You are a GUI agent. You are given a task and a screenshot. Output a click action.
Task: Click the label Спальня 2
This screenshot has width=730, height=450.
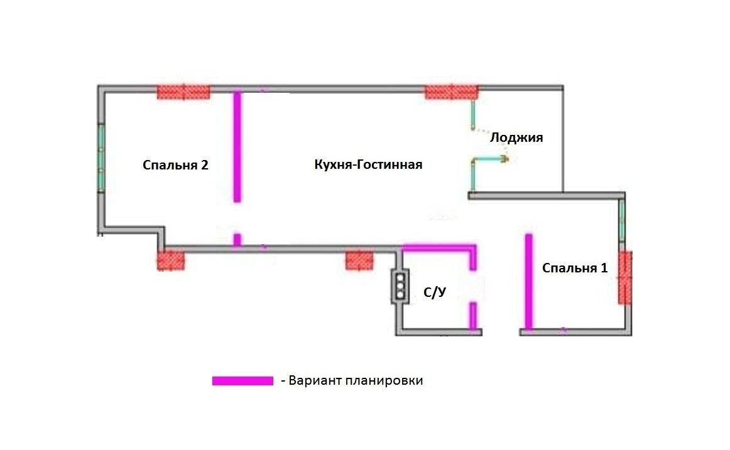tap(175, 166)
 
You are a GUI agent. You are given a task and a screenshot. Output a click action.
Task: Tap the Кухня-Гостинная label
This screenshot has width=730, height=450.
tap(368, 165)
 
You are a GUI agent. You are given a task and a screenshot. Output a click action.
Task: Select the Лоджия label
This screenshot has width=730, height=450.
tap(516, 137)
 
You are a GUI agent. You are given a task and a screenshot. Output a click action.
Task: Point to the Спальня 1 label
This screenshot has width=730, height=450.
tap(575, 268)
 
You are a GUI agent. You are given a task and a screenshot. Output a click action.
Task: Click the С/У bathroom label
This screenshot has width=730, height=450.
tap(434, 292)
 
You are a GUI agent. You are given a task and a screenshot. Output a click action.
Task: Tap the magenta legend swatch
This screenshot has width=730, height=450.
tap(242, 381)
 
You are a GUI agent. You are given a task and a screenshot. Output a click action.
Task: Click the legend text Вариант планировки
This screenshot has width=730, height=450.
tap(356, 381)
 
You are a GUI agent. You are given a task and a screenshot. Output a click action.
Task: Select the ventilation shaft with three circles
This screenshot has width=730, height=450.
tap(400, 287)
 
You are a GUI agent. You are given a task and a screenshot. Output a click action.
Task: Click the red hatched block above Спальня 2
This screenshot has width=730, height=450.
tap(183, 92)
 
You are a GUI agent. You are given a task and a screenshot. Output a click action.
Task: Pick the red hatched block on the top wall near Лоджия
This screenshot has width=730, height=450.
tap(451, 92)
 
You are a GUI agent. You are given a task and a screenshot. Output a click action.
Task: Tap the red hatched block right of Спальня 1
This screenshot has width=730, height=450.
tap(625, 277)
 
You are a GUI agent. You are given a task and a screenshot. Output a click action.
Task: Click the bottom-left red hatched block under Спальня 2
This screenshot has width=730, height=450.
tap(171, 260)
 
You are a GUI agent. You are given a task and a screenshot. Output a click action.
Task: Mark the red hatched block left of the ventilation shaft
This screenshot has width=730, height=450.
tap(359, 260)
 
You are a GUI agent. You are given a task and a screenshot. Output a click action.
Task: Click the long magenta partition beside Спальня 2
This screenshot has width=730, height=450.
tap(237, 146)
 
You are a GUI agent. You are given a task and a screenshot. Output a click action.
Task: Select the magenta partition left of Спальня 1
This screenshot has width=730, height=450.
tap(529, 281)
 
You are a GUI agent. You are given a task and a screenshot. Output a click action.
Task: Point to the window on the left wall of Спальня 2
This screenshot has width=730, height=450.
tap(101, 158)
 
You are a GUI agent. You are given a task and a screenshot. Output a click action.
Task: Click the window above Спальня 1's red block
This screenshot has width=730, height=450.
tap(622, 219)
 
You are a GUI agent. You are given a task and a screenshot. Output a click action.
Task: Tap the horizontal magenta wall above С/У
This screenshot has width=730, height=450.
tap(438, 247)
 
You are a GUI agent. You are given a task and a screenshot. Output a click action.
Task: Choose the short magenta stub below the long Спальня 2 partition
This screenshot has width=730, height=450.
tap(237, 239)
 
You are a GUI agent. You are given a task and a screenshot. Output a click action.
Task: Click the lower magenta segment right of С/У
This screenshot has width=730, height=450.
tap(473, 315)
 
